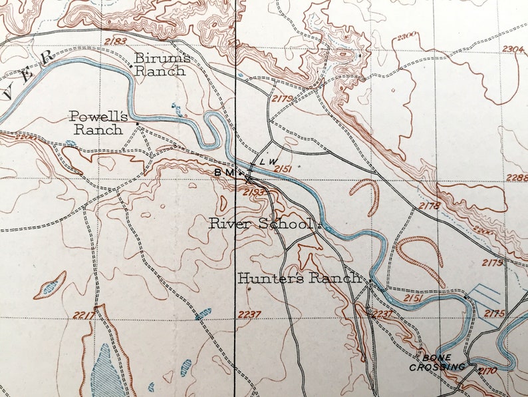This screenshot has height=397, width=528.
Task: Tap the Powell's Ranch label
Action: click(x=99, y=123)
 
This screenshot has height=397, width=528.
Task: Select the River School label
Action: click(x=261, y=223)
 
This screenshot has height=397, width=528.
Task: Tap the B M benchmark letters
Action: click(x=223, y=172)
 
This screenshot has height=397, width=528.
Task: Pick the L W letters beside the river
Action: click(x=267, y=162)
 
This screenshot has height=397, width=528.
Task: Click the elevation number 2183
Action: click(x=115, y=41)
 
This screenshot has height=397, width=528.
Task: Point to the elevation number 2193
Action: click(x=255, y=193)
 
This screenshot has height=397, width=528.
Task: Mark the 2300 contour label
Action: click(x=407, y=35)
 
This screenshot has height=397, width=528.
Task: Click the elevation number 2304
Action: click(x=513, y=49)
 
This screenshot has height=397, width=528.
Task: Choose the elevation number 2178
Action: click(x=430, y=206)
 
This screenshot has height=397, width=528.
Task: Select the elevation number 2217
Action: click(x=86, y=314)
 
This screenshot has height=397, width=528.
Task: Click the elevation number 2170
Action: click(x=487, y=370)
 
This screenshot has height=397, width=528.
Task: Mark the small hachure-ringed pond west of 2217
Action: click(x=51, y=286)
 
